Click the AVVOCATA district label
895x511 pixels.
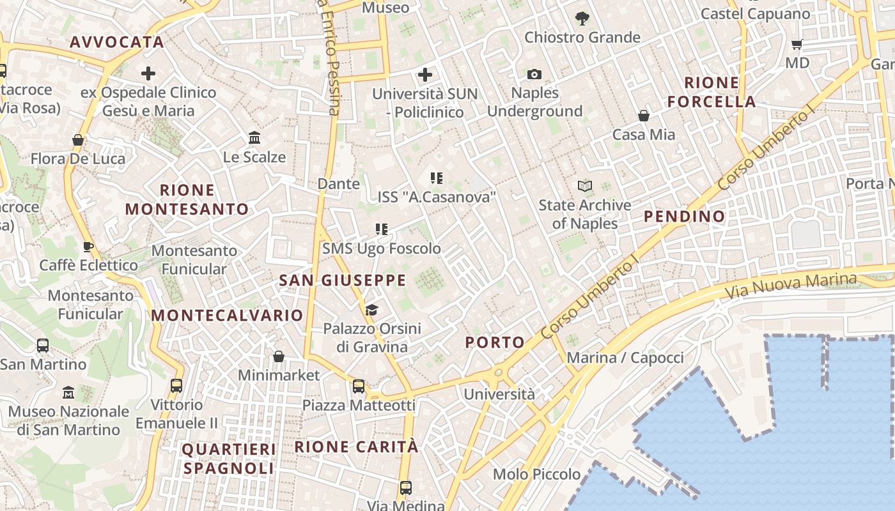coord(117,42)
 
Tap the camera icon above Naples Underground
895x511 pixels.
coord(534,75)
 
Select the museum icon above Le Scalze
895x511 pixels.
coord(254,138)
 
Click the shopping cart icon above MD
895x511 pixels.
coord(797,44)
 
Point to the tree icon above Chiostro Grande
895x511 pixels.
coord(582,19)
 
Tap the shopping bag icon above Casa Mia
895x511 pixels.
coord(644,116)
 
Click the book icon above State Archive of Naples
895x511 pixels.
coord(585,186)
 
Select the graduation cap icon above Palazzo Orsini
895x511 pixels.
coord(371,310)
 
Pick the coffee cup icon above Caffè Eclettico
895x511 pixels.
coord(88,247)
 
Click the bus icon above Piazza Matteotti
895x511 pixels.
coord(359,386)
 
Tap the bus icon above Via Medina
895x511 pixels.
coord(405,488)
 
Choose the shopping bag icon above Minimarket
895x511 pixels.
coord(279,356)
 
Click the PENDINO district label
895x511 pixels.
coord(684,217)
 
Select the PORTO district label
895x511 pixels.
coord(495,342)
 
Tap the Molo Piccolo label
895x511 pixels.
coord(536,475)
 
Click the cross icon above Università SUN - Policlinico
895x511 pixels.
coord(425,75)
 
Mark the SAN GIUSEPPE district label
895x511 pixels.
coord(343,280)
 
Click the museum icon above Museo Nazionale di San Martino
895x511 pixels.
coord(68,392)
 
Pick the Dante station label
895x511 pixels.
coord(339,184)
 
